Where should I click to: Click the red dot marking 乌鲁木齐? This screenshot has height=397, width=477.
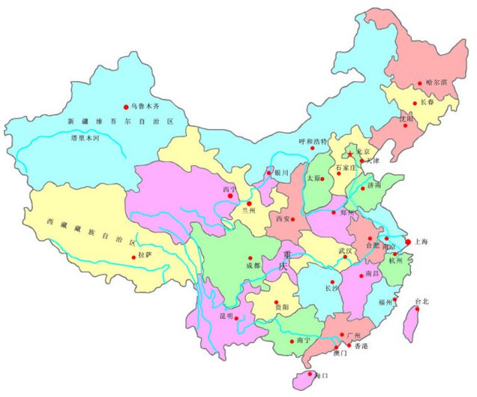[126, 107]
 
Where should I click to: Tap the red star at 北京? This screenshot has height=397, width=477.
[349, 155]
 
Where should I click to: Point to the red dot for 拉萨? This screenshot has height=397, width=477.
[136, 257]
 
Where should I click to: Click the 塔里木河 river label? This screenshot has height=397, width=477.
[84, 138]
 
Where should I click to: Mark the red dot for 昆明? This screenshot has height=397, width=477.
[238, 318]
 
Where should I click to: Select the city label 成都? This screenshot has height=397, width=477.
[252, 265]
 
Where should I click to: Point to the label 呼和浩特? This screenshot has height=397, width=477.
[313, 141]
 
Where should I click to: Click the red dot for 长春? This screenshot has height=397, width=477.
[415, 104]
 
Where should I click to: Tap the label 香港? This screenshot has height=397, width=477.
[361, 346]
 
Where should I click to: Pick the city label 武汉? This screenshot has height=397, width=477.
[345, 250]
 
